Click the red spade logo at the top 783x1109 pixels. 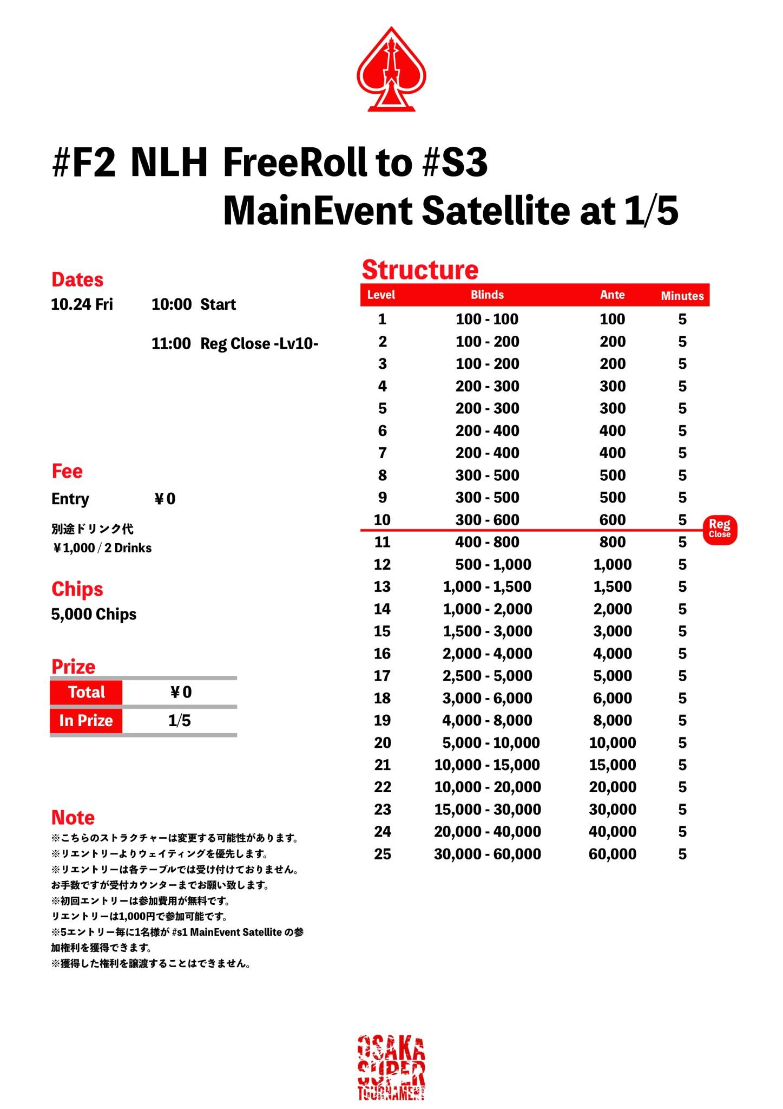click(x=391, y=70)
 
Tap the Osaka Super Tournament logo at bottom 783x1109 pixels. click(x=391, y=1067)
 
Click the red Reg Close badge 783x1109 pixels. click(x=720, y=529)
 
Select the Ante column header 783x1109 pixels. click(x=612, y=295)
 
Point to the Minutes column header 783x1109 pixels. click(x=682, y=296)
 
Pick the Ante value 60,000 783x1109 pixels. click(x=612, y=854)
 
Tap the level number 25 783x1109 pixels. click(x=382, y=854)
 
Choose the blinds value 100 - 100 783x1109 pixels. click(x=487, y=319)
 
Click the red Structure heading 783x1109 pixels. click(x=420, y=270)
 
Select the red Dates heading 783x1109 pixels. click(x=77, y=280)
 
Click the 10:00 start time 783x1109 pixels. click(x=171, y=304)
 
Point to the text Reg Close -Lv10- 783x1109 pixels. click(x=259, y=344)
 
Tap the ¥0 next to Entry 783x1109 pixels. click(x=165, y=499)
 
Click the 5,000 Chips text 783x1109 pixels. click(x=94, y=614)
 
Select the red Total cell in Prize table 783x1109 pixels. click(x=86, y=692)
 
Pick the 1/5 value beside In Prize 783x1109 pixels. click(x=179, y=721)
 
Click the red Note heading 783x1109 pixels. click(x=73, y=817)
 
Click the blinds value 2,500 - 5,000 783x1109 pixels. click(x=487, y=676)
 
